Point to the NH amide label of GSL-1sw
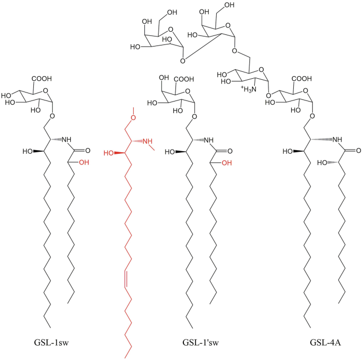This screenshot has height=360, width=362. [66, 140]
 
